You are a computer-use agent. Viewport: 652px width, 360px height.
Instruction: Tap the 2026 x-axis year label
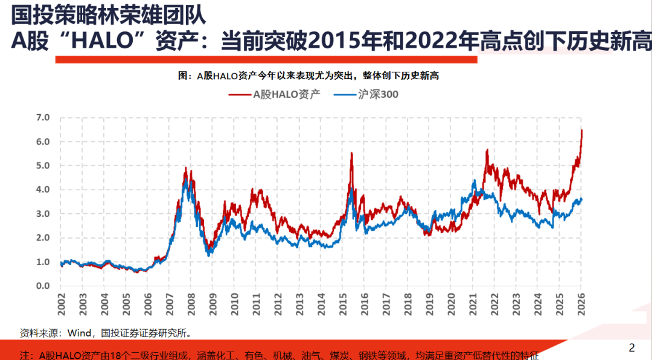pos(581,302)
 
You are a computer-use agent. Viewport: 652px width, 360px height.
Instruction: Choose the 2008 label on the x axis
pos(191,302)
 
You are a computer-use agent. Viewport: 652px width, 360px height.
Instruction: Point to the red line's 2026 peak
pos(581,130)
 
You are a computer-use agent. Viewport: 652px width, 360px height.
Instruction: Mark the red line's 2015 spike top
pos(351,153)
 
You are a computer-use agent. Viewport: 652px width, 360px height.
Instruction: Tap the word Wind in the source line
pos(80,333)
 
